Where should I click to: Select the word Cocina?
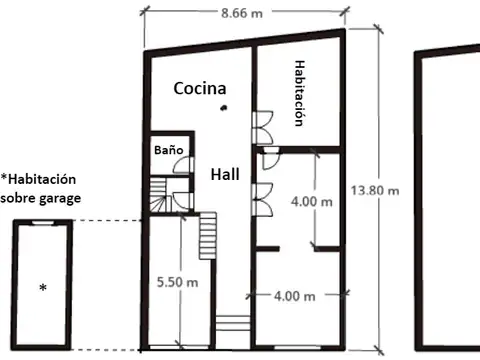pyautogui.click(x=199, y=88)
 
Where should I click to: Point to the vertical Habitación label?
pyautogui.click(x=299, y=91)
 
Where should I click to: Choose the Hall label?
pyautogui.click(x=224, y=173)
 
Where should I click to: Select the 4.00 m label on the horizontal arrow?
pyautogui.click(x=296, y=296)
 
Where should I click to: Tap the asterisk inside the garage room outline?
pyautogui.click(x=43, y=289)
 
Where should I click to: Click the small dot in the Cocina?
pyautogui.click(x=225, y=107)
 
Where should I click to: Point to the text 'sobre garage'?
pyautogui.click(x=41, y=198)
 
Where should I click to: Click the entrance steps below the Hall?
pyautogui.click(x=231, y=323)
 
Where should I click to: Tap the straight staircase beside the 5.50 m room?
pyautogui.click(x=208, y=235)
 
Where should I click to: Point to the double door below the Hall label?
pyautogui.click(x=260, y=195)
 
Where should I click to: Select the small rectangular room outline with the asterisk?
pyautogui.click(x=43, y=284)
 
